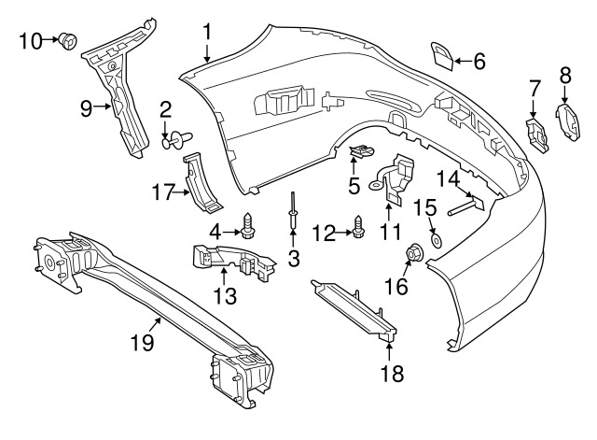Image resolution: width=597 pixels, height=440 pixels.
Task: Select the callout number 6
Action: coord(479,62)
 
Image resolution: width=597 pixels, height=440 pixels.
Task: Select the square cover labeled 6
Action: coord(443,55)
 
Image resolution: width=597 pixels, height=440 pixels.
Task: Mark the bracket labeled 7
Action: coord(538,132)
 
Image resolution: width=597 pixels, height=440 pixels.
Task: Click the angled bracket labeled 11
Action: coord(399,178)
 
